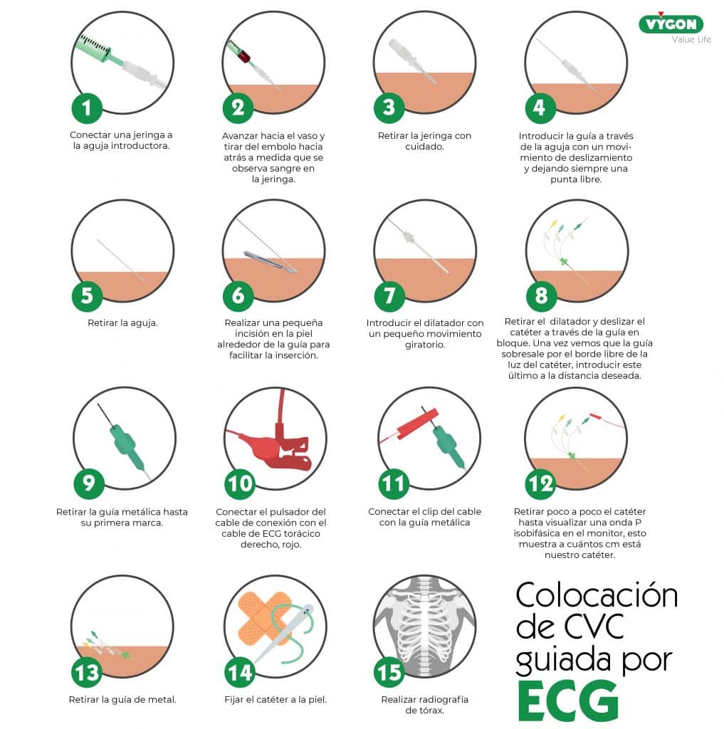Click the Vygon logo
click(x=671, y=23)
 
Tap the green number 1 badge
click(x=87, y=108)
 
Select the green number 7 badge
click(x=389, y=296)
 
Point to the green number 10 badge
click(x=240, y=484)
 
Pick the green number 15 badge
click(x=389, y=672)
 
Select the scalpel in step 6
click(x=270, y=261)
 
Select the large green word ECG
click(x=568, y=701)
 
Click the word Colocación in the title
click(x=597, y=595)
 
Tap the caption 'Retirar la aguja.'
click(x=122, y=322)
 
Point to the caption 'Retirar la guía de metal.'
click(x=122, y=699)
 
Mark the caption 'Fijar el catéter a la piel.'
click(x=276, y=699)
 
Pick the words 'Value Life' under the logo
click(x=691, y=40)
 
